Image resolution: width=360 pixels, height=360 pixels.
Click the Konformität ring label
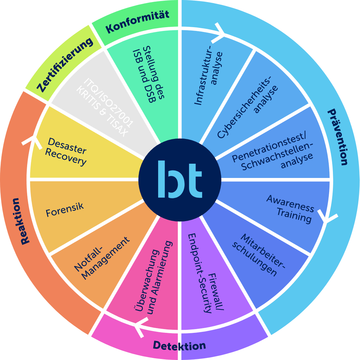[137, 22]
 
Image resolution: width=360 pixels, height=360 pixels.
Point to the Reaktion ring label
[21, 221]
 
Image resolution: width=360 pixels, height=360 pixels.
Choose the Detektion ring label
[179, 345]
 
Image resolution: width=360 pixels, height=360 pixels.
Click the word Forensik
[64, 209]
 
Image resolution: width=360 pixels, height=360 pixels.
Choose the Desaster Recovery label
[67, 151]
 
